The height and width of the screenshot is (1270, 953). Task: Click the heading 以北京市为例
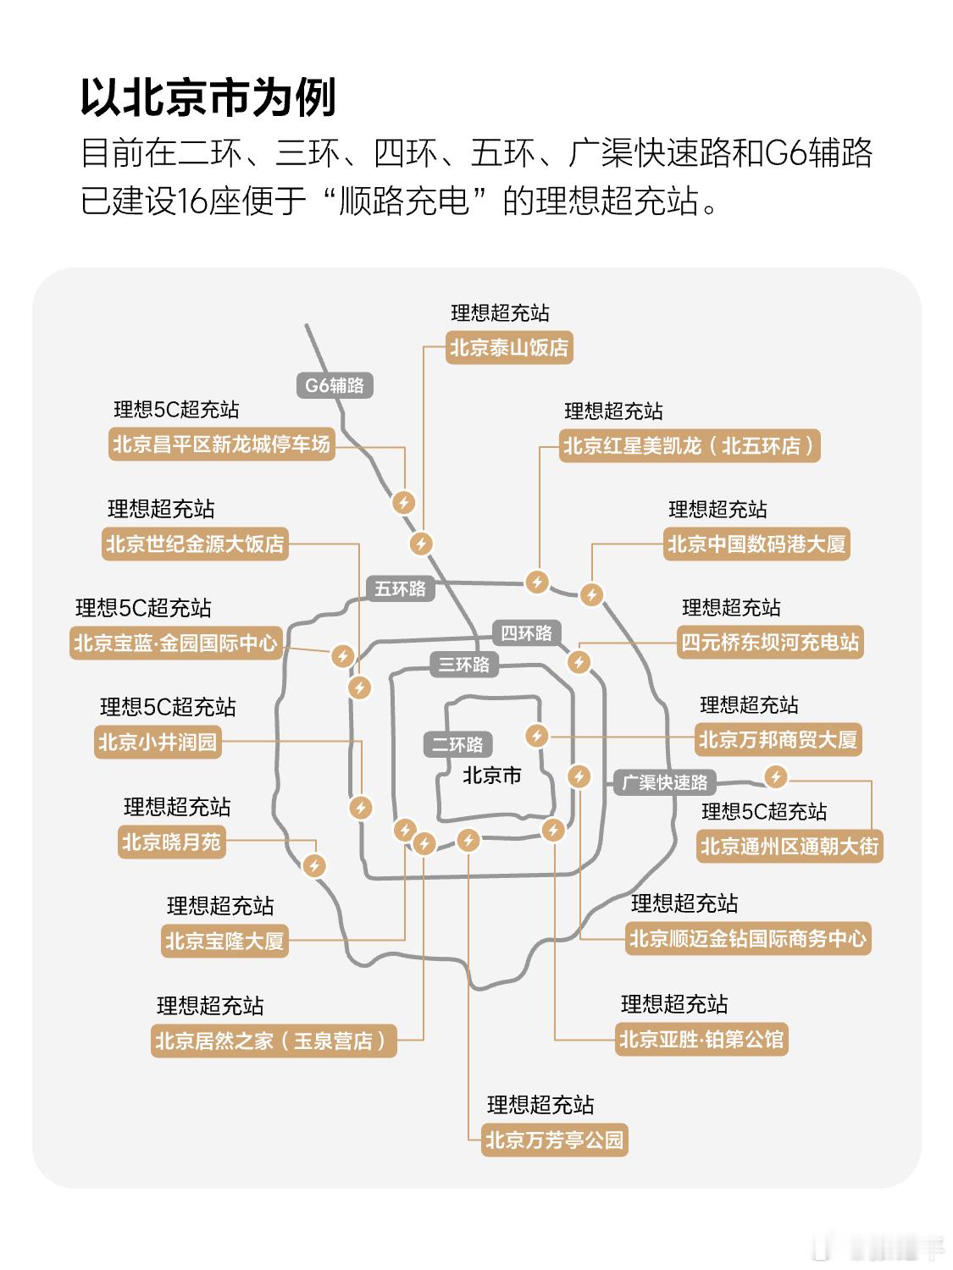pyautogui.click(x=208, y=97)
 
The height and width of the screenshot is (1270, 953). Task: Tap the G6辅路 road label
pyautogui.click(x=335, y=385)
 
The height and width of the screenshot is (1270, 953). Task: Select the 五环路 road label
pyautogui.click(x=400, y=588)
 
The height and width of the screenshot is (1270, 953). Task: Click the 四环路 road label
pyautogui.click(x=526, y=633)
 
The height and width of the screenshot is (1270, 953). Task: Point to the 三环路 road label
pyautogui.click(x=463, y=665)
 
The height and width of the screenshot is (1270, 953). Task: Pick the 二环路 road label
pyautogui.click(x=457, y=744)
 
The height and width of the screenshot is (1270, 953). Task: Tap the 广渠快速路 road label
pyautogui.click(x=664, y=782)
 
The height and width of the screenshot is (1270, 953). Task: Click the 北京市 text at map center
pyautogui.click(x=492, y=775)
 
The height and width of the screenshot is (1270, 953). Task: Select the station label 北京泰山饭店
pyautogui.click(x=509, y=348)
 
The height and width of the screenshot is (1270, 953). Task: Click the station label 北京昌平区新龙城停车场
pyautogui.click(x=221, y=444)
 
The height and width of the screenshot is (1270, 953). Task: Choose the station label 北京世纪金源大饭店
pyautogui.click(x=195, y=544)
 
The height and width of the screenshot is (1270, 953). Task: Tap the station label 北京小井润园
pyautogui.click(x=158, y=743)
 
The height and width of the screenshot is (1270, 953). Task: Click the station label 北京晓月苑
pyautogui.click(x=171, y=842)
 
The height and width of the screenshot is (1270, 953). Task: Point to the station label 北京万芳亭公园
pyautogui.click(x=554, y=1140)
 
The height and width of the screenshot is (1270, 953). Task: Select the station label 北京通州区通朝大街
pyautogui.click(x=790, y=847)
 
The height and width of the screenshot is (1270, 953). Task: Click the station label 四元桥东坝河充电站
pyautogui.click(x=770, y=643)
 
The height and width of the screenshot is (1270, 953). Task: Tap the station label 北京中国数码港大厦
pyautogui.click(x=756, y=544)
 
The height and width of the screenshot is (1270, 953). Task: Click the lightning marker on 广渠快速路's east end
pyautogui.click(x=775, y=776)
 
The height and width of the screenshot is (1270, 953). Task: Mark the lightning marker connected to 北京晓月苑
pyautogui.click(x=314, y=866)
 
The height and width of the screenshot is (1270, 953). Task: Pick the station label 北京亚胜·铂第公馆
pyautogui.click(x=702, y=1039)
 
